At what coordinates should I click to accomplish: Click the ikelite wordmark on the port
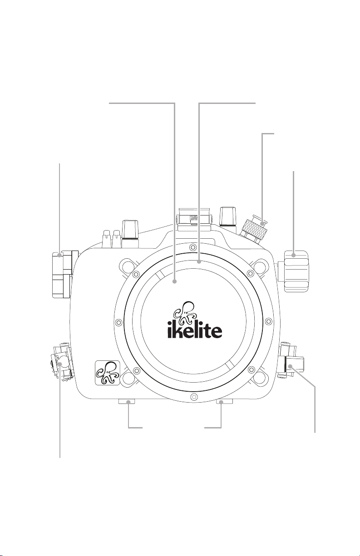pyautogui.click(x=195, y=330)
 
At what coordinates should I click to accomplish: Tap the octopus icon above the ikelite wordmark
pyautogui.click(x=185, y=313)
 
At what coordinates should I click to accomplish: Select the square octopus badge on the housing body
pyautogui.click(x=108, y=373)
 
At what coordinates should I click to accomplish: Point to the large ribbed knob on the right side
pyautogui.click(x=297, y=271)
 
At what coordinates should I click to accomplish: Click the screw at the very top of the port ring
pyautogui.click(x=192, y=247)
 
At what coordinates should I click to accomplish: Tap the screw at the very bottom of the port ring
pyautogui.click(x=193, y=396)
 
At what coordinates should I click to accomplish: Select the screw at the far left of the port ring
pyautogui.click(x=119, y=322)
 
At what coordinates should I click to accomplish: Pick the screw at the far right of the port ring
pyautogui.click(x=268, y=321)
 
